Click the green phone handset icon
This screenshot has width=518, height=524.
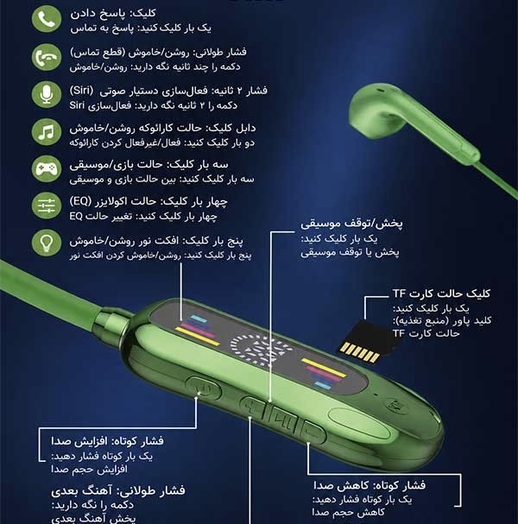(47, 19)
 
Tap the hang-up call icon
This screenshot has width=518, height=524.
(47, 57)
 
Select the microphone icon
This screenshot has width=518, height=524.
(47, 95)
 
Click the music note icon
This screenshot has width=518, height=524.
(47, 132)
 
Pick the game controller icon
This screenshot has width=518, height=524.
(47, 168)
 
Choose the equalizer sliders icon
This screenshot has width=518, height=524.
(47, 205)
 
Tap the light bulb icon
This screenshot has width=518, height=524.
(47, 243)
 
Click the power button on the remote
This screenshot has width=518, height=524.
(204, 388)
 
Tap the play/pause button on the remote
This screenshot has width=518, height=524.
(283, 416)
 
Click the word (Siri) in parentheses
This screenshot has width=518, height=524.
(81, 91)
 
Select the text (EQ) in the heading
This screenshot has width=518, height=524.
(80, 201)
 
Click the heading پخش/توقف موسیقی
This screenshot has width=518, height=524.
(351, 224)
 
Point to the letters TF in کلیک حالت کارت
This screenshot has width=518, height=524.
(399, 294)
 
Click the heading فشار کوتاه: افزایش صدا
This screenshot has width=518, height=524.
(107, 441)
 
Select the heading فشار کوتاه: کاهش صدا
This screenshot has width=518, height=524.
(370, 485)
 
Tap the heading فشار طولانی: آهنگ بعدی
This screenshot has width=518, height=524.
(118, 490)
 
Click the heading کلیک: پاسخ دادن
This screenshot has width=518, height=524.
(112, 13)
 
